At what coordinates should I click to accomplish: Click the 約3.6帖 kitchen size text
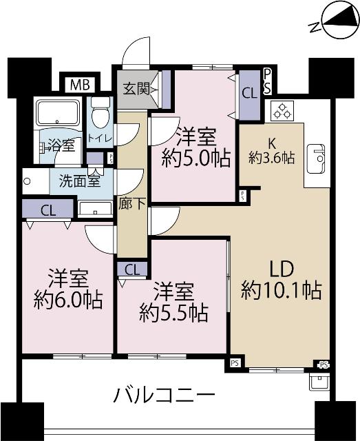click(271, 158)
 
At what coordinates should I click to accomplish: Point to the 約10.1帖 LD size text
click(282, 290)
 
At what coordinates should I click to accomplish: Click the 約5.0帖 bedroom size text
click(196, 158)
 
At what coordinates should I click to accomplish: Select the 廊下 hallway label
click(128, 205)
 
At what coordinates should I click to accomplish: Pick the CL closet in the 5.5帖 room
click(132, 269)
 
